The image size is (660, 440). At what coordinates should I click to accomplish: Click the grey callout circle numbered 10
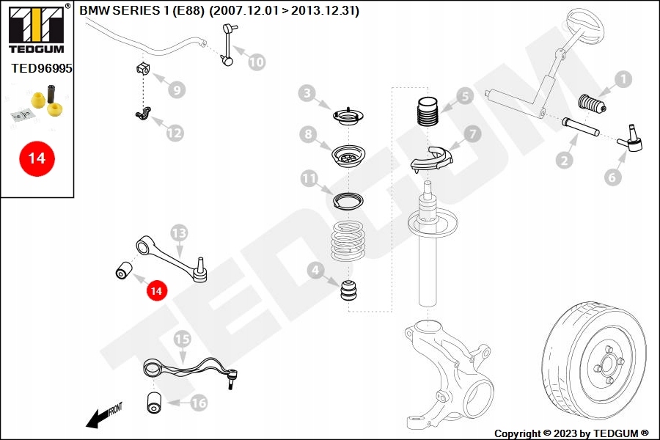pyautogui.click(x=256, y=62)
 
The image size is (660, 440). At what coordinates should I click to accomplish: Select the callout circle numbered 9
pyautogui.click(x=176, y=90)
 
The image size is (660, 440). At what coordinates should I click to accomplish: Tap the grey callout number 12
pyautogui.click(x=174, y=133)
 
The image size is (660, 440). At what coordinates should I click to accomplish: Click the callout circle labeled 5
pyautogui.click(x=463, y=96)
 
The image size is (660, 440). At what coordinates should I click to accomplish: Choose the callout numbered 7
pyautogui.click(x=471, y=134)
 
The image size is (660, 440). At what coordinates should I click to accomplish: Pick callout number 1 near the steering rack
pyautogui.click(x=623, y=79)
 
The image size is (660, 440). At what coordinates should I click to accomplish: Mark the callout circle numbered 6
pyautogui.click(x=613, y=177)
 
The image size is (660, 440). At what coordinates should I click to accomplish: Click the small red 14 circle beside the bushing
pyautogui.click(x=155, y=290)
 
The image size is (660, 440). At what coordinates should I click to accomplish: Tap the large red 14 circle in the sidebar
pyautogui.click(x=37, y=158)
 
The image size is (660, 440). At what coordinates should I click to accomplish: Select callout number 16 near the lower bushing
pyautogui.click(x=199, y=403)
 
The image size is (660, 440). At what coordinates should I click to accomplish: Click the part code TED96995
pyautogui.click(x=42, y=68)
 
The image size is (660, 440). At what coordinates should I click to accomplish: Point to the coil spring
pyautogui.click(x=348, y=243)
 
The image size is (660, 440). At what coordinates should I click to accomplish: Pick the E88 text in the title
pyautogui.click(x=188, y=11)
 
